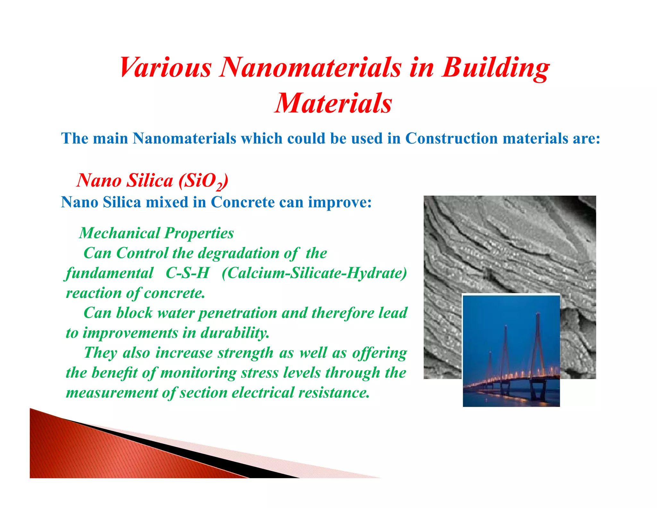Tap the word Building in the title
pyautogui.click(x=496, y=68)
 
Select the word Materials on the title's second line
pyautogui.click(x=333, y=103)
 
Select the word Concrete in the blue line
pyautogui.click(x=243, y=202)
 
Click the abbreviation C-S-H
pyautogui.click(x=187, y=273)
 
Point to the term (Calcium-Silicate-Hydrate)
pyautogui.click(x=314, y=273)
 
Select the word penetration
pyautogui.click(x=237, y=313)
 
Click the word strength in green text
pyautogui.click(x=245, y=353)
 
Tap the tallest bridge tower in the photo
pyautogui.click(x=538, y=347)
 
